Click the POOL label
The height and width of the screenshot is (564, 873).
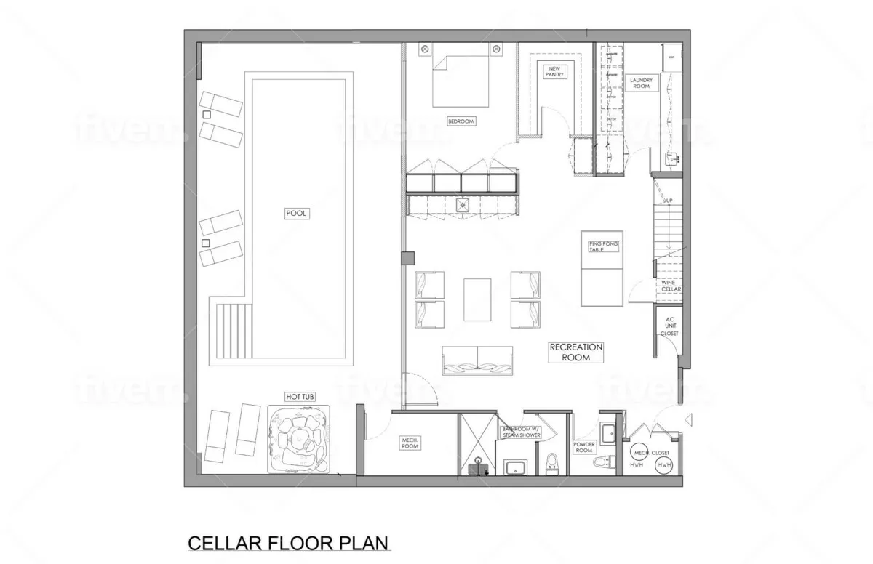click(x=298, y=214)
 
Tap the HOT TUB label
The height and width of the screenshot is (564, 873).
click(x=300, y=397)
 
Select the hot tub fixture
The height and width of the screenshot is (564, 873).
click(x=299, y=440)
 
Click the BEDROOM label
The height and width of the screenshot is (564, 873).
click(x=461, y=121)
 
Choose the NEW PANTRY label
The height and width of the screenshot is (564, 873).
click(x=557, y=70)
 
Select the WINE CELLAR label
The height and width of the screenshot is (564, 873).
click(x=671, y=286)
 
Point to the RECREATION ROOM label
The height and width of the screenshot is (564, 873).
click(x=575, y=352)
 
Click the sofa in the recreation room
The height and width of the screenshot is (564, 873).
click(x=477, y=361)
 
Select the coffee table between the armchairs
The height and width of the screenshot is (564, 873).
click(x=477, y=299)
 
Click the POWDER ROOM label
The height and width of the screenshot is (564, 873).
click(x=585, y=446)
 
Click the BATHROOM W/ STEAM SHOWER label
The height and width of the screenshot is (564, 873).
click(x=521, y=432)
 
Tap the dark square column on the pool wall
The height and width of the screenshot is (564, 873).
click(x=407, y=257)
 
